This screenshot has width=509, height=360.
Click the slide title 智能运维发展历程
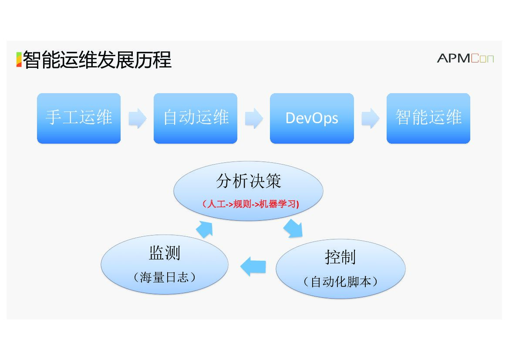(x=97, y=60)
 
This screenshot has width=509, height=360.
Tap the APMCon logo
(x=465, y=58)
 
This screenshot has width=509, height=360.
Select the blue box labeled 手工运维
(x=79, y=118)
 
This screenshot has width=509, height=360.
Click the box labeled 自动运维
(x=196, y=118)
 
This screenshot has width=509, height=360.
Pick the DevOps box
(x=312, y=118)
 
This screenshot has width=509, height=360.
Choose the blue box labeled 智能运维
(x=428, y=118)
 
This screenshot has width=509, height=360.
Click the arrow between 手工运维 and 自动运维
(x=138, y=118)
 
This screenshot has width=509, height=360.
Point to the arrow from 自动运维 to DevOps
(x=254, y=118)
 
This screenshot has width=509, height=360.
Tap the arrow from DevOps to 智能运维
(x=370, y=118)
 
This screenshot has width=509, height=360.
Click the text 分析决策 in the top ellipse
(x=249, y=182)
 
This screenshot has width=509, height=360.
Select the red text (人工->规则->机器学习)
(x=250, y=204)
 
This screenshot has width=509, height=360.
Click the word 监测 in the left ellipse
(x=165, y=253)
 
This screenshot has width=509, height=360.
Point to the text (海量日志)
(x=165, y=277)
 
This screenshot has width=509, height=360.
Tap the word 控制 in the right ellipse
(x=340, y=257)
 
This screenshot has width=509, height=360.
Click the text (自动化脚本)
(x=340, y=282)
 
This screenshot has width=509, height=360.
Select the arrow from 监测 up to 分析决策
(x=204, y=229)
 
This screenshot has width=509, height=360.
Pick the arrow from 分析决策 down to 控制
(x=293, y=229)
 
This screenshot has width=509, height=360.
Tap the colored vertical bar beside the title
(x=19, y=60)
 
